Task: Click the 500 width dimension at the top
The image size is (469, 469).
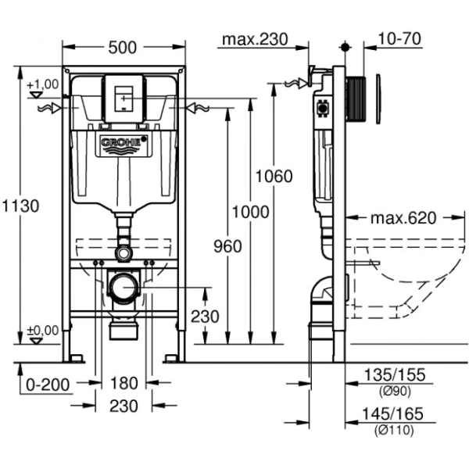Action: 123,47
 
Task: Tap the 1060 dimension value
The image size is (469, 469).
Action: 273,176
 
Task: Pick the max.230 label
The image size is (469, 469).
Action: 254,39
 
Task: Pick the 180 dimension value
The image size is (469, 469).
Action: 124,383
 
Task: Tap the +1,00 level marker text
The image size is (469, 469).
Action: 42,84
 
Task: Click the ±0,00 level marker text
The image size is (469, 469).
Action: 42,331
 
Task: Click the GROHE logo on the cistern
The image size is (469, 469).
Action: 123,143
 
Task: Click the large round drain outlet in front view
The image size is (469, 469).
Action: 123,288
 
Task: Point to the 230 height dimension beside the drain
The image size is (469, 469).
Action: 205,317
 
